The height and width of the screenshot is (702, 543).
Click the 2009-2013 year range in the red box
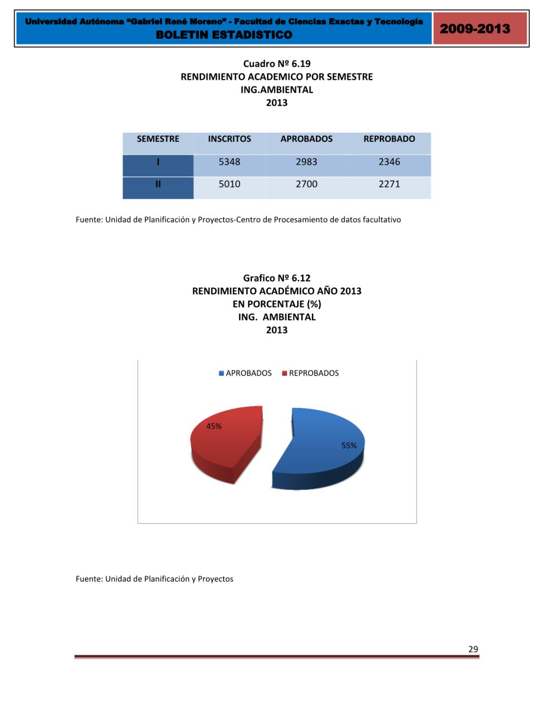pos(475,28)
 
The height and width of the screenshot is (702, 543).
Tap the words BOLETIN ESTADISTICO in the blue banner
pos(224,35)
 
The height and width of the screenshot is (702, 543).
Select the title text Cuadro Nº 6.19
pos(276,64)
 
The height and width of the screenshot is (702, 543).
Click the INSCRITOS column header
pos(229,139)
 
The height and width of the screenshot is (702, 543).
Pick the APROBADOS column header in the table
pos(306,139)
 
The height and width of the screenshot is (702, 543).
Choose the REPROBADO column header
pos(389,139)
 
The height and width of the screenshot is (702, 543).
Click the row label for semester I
pos(158,162)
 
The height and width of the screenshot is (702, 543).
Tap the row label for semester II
pos(158,184)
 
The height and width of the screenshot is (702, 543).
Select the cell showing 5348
pos(229,162)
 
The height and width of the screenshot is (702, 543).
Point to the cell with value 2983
pos(306,162)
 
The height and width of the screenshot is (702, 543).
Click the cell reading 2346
pos(389,162)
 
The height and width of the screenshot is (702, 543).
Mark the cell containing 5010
pos(229,184)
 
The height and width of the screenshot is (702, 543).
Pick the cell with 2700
pos(306,184)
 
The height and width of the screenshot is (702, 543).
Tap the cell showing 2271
pos(389,184)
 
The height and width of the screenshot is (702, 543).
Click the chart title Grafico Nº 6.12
pos(276,278)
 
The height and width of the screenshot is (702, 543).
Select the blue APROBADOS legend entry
pos(245,373)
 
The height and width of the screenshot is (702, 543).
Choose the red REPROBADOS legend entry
pos(310,373)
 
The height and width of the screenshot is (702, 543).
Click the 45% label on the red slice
pos(214,427)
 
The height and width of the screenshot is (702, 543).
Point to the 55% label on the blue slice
pos(349,446)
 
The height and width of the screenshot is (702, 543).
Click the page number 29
pos(473,649)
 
